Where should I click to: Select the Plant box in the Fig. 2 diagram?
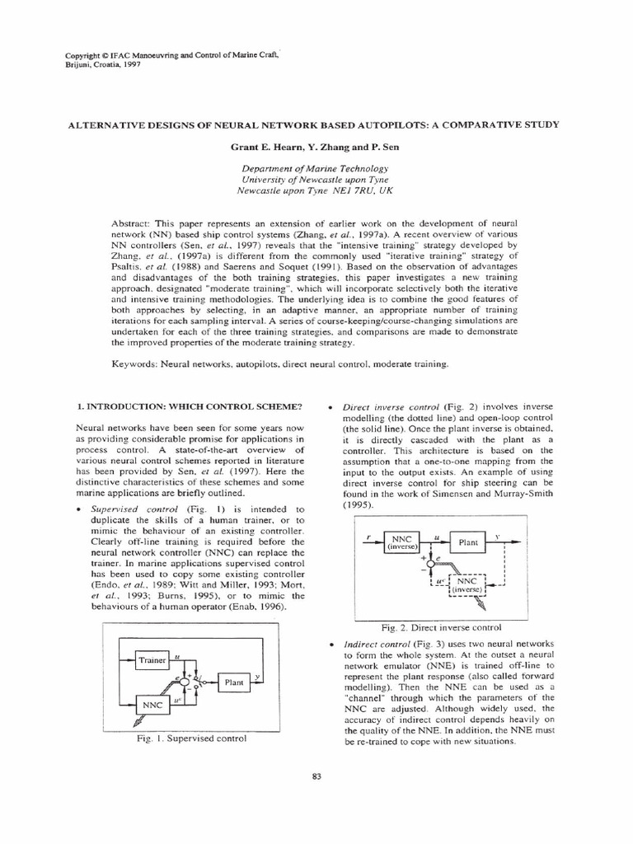pos(467,543)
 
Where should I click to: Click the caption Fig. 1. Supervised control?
pos(193,739)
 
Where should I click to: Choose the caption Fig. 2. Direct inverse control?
pos(442,627)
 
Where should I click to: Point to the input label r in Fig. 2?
pos(368,535)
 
